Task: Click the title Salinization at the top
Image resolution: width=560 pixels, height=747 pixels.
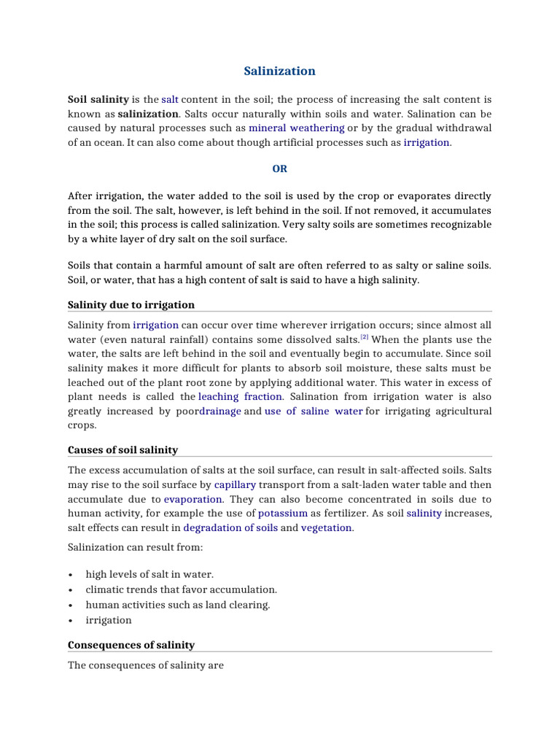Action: pyautogui.click(x=279, y=71)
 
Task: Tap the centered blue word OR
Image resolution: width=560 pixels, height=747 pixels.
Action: pyautogui.click(x=279, y=169)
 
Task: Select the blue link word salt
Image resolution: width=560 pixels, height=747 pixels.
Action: pyautogui.click(x=170, y=99)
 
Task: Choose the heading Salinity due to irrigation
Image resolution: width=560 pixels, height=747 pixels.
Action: pyautogui.click(x=131, y=305)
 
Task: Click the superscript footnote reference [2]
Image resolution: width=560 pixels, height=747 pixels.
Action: pyautogui.click(x=365, y=337)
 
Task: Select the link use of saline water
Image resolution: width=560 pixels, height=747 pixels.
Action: pyautogui.click(x=313, y=411)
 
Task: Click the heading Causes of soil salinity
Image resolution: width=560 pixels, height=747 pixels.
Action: pyautogui.click(x=122, y=450)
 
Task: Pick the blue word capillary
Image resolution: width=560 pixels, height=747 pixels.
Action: pyautogui.click(x=235, y=484)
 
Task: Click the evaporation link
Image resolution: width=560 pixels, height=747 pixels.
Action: pyautogui.click(x=193, y=499)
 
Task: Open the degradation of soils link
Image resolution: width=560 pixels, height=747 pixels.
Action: pyautogui.click(x=230, y=527)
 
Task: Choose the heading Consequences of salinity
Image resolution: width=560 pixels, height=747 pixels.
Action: pyautogui.click(x=131, y=645)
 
